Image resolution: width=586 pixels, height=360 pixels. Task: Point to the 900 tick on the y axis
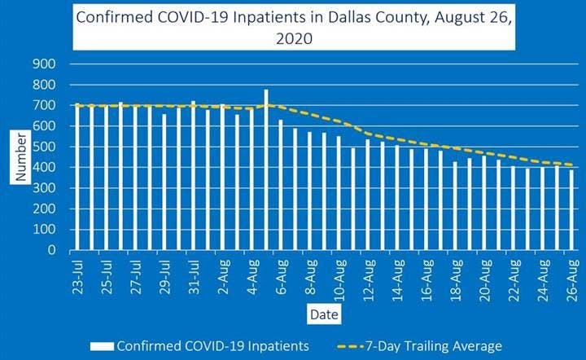point(44,64)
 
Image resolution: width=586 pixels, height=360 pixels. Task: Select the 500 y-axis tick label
point(44,147)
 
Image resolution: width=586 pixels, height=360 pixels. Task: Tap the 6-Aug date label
point(281,277)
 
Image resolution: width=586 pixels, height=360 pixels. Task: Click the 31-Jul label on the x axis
point(193,277)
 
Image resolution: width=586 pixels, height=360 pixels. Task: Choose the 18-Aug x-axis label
point(456,277)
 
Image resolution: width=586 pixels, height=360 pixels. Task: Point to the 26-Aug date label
point(572,277)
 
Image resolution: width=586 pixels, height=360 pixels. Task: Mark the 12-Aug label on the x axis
point(368,277)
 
